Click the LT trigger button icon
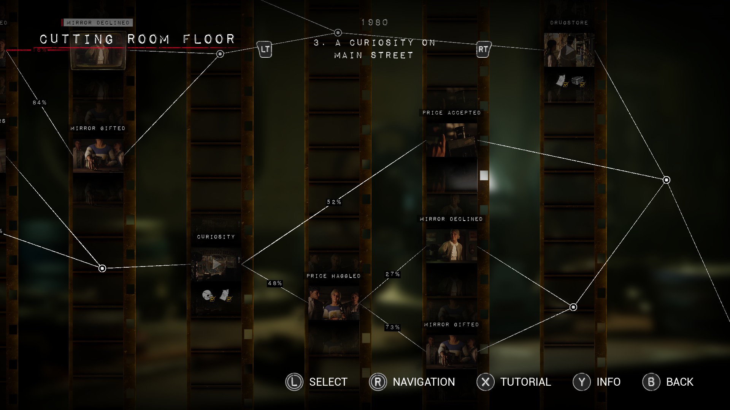pyautogui.click(x=265, y=49)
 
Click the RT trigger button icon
pyautogui.click(x=483, y=49)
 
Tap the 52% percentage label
pyautogui.click(x=334, y=202)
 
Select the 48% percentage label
pyautogui.click(x=275, y=283)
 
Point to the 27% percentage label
pyautogui.click(x=392, y=274)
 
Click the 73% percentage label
pyautogui.click(x=392, y=327)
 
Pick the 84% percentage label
pyautogui.click(x=40, y=102)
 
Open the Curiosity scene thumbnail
pyautogui.click(x=216, y=264)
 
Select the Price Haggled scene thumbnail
pyautogui.click(x=333, y=303)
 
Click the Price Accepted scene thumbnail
pyautogui.click(x=451, y=140)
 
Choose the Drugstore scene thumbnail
pyautogui.click(x=569, y=50)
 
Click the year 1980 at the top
pyautogui.click(x=375, y=23)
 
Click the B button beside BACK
pyautogui.click(x=651, y=382)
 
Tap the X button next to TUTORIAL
pyautogui.click(x=486, y=382)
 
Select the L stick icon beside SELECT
pyautogui.click(x=294, y=382)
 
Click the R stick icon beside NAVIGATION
pyautogui.click(x=378, y=382)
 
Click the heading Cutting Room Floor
pyautogui.click(x=137, y=39)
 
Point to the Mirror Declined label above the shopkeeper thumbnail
pyautogui.click(x=451, y=219)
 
